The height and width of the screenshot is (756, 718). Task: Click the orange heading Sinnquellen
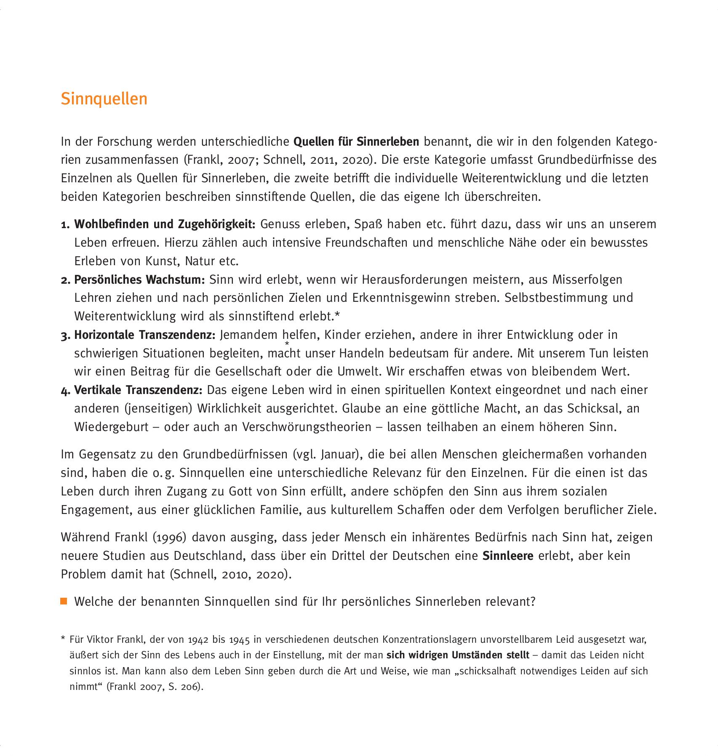pos(104,99)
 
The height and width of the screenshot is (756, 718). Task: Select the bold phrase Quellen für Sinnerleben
pos(356,141)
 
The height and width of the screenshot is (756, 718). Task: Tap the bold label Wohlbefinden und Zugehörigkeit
pos(165,224)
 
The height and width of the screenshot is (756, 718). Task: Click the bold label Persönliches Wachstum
pos(139,280)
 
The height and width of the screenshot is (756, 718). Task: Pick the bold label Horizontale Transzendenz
pos(144,335)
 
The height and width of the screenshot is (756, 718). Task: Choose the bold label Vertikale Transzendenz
pos(138,390)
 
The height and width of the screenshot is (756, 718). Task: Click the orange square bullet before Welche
pos(64,601)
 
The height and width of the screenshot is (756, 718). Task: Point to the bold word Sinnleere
pos(507,556)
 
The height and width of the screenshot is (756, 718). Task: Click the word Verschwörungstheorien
pos(307,427)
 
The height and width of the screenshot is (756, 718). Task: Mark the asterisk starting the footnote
pos(63,640)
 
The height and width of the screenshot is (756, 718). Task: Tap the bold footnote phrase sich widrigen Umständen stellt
pos(458,655)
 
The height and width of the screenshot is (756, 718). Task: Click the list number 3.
pos(65,335)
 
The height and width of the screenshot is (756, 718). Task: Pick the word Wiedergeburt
pos(112,427)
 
